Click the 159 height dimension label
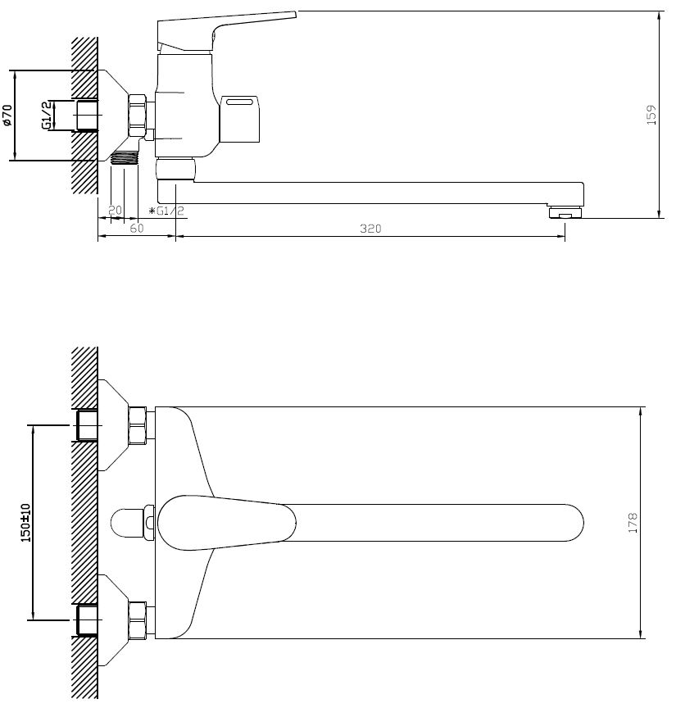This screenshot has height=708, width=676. tap(651, 115)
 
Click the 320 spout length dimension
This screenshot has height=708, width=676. tap(370, 229)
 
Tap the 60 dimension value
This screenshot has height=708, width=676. tap(136, 229)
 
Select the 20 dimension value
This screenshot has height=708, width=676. tap(116, 210)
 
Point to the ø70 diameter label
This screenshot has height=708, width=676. tap(7, 116)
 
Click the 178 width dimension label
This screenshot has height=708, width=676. tap(633, 523)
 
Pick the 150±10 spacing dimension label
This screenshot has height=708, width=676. tap(25, 523)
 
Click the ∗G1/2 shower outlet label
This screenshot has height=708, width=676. tap(166, 211)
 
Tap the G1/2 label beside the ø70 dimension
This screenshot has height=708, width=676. tap(47, 116)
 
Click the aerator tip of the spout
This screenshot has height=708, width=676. tap(566, 212)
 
